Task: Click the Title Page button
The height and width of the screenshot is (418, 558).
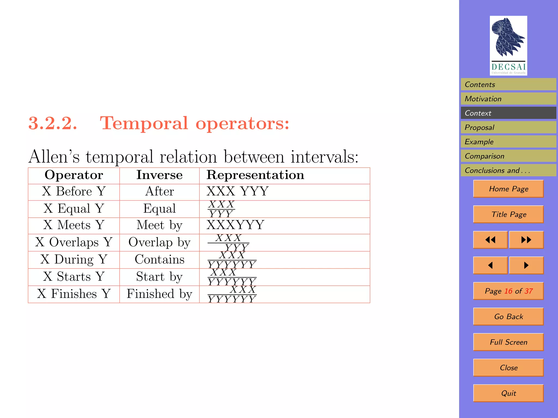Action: pos(508,214)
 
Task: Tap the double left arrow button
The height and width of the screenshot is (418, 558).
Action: pos(490,240)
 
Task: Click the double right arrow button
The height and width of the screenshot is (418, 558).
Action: pos(526,240)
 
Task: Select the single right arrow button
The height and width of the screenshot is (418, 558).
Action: pos(526,265)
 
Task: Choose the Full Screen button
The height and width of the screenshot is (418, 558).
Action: pos(508,342)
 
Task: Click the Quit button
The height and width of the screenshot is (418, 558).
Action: pos(508,393)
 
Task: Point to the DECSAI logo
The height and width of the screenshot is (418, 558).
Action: pos(508,45)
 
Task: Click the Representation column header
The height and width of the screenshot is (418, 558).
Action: pos(255,175)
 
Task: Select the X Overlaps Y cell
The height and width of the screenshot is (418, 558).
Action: pos(74,242)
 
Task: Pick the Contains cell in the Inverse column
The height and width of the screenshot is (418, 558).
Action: pos(159,259)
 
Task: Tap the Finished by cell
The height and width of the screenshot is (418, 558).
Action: pos(159,294)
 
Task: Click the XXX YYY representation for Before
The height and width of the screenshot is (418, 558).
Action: pos(238,191)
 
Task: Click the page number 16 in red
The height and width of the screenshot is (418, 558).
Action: pos(508,291)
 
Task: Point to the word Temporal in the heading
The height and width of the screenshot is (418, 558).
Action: pos(144,123)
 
